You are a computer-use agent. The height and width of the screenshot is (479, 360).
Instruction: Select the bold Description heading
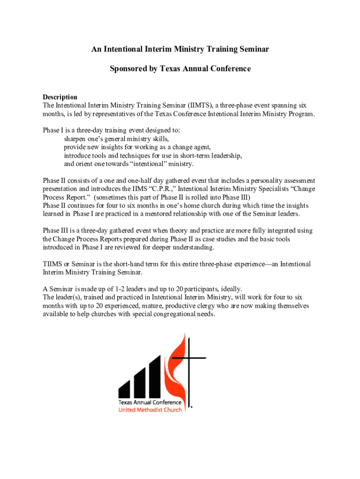click(60, 97)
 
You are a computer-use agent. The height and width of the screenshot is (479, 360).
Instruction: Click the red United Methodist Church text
click(150, 410)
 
